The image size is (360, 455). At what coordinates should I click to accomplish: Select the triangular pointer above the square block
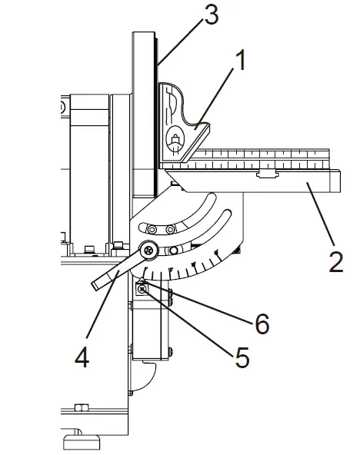tap(142, 280)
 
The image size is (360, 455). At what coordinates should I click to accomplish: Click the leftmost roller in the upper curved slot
tap(152, 229)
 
